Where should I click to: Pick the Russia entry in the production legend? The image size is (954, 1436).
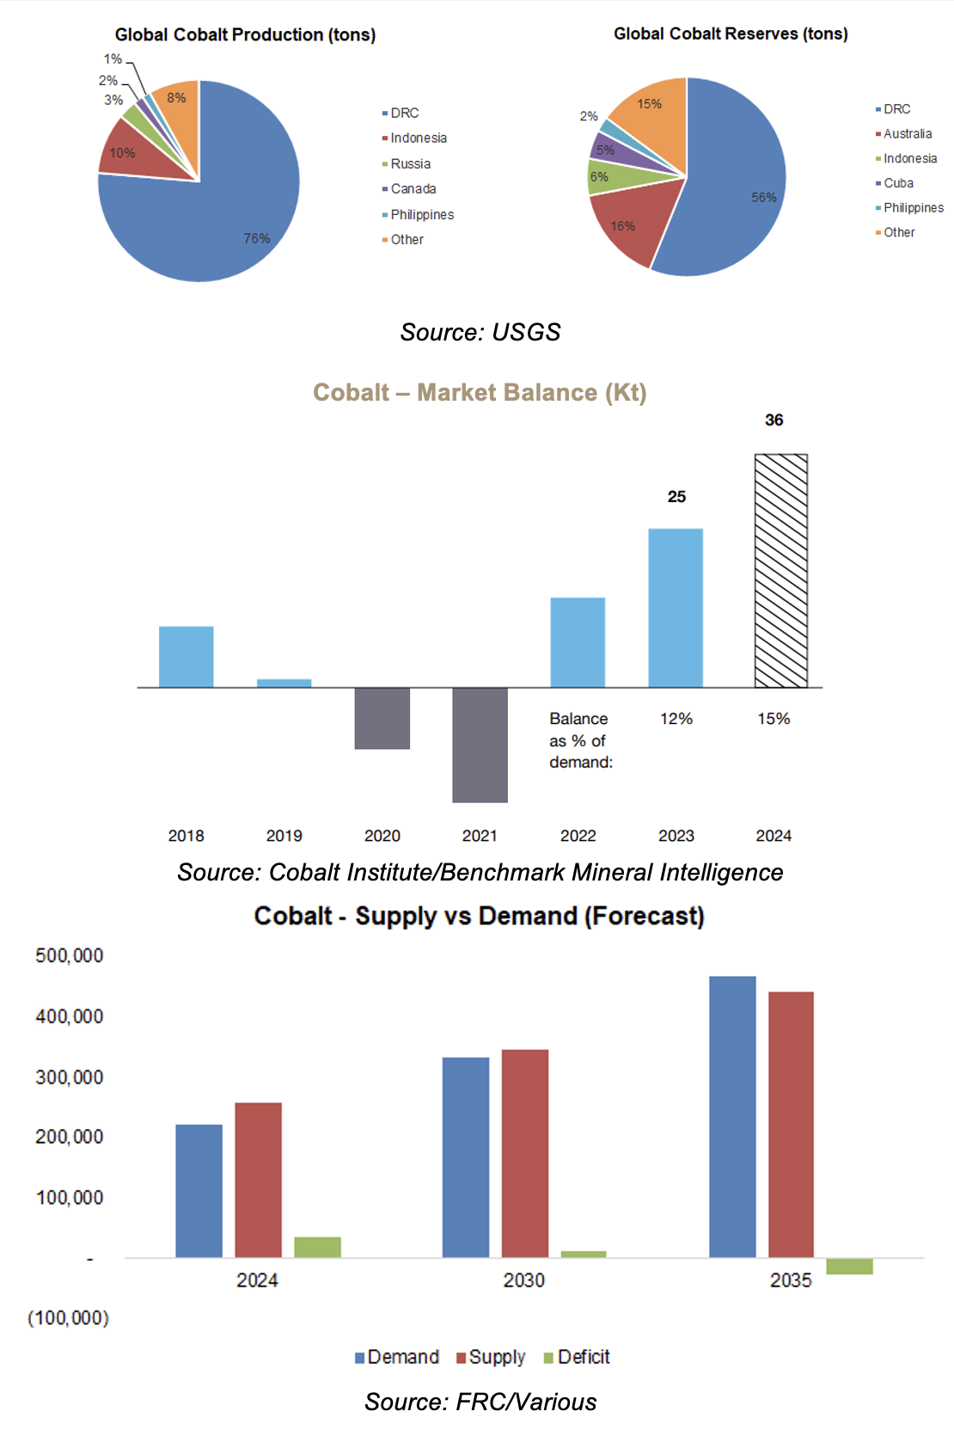tap(410, 164)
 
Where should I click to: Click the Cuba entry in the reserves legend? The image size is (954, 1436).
tap(898, 183)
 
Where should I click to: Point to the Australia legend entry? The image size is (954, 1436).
tap(907, 134)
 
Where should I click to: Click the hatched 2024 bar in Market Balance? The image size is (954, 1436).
tap(780, 571)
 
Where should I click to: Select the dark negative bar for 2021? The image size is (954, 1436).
tap(480, 745)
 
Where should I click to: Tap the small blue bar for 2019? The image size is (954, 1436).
tap(284, 683)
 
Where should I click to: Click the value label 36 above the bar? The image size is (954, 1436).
tap(774, 420)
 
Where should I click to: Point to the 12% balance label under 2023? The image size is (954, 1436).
tap(676, 719)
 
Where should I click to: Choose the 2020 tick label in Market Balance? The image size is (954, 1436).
tap(382, 836)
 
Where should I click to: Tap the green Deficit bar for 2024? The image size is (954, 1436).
tap(317, 1247)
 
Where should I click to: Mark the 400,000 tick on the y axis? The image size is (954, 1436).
tap(69, 1016)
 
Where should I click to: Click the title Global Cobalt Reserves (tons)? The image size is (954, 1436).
tap(731, 34)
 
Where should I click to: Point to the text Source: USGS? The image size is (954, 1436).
tap(480, 333)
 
